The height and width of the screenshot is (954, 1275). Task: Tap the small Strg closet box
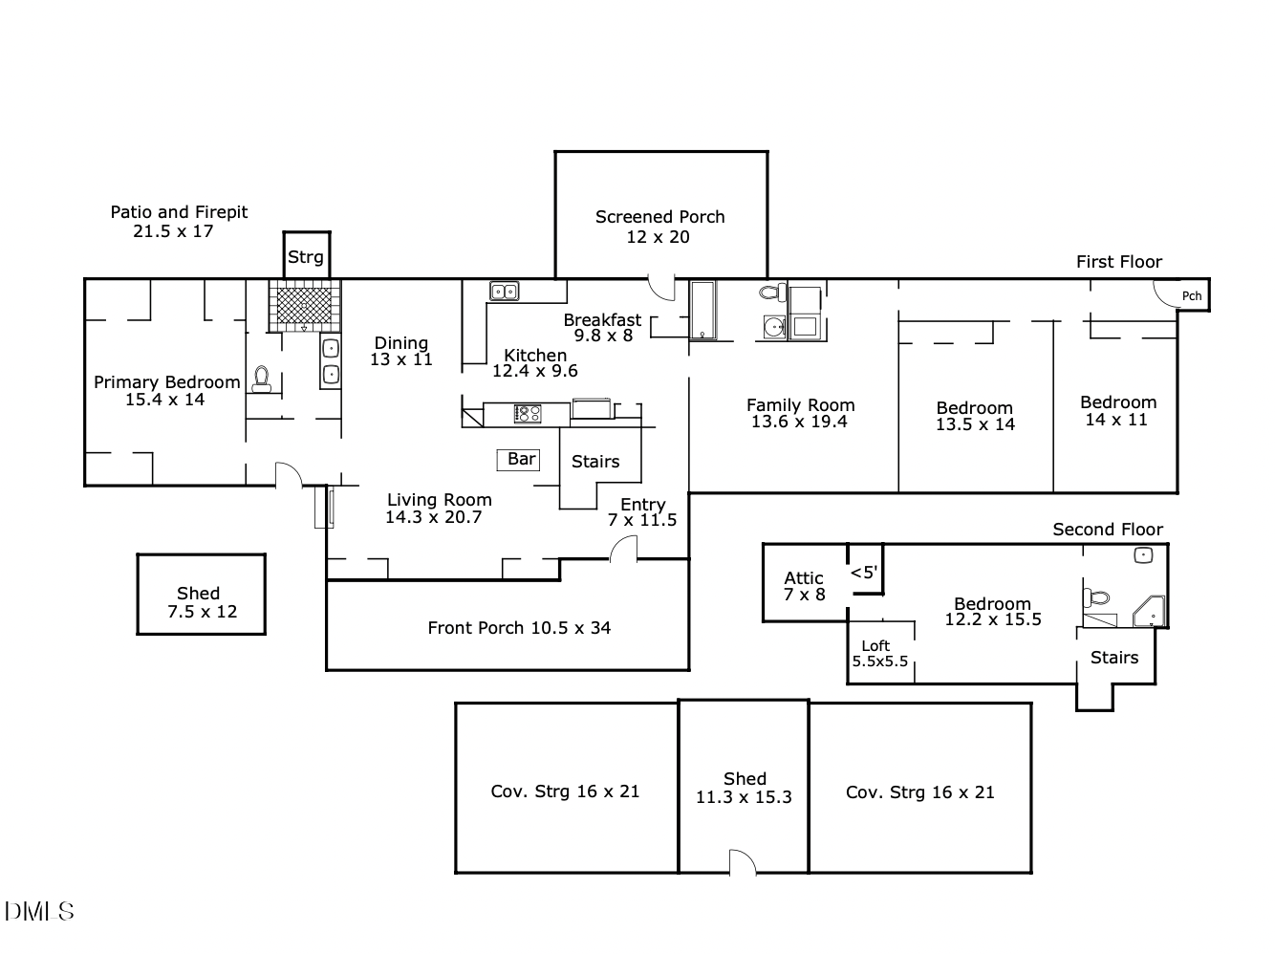click(306, 256)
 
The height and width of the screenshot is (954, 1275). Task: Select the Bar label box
click(520, 460)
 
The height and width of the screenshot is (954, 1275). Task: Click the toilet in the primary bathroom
click(262, 379)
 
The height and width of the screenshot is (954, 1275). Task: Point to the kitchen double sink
click(504, 291)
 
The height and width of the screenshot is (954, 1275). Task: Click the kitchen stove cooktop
click(528, 414)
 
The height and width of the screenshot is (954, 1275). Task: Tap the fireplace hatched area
click(304, 305)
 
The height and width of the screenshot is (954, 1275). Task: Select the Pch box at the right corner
click(1191, 295)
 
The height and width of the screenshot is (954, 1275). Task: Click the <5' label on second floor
click(863, 573)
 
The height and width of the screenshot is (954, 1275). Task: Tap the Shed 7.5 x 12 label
click(201, 602)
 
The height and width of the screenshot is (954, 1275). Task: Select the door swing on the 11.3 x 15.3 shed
click(743, 861)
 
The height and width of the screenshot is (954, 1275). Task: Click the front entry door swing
click(624, 549)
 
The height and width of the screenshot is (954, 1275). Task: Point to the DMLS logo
click(38, 911)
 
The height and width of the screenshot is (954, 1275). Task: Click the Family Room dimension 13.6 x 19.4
click(799, 422)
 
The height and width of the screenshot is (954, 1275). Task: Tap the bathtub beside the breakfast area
click(702, 310)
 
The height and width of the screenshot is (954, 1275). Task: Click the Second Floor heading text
click(1108, 530)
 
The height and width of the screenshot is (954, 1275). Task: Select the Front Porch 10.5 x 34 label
click(519, 628)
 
